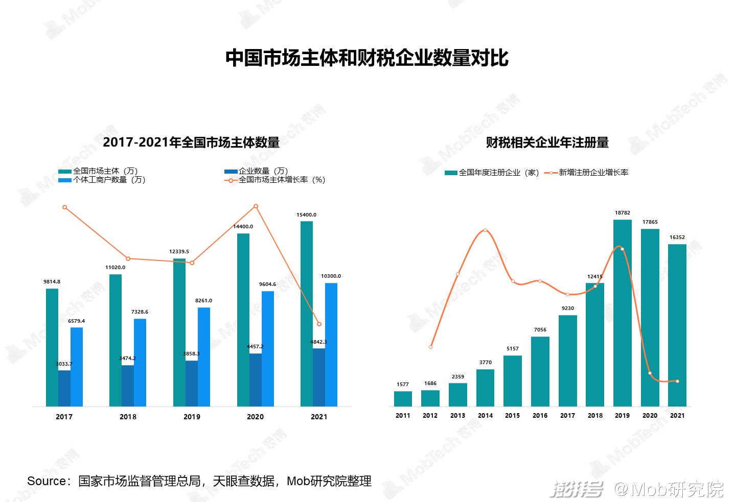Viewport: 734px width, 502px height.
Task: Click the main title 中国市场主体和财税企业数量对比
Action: point(366,58)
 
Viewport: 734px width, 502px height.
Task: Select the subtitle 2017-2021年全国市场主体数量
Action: point(191,142)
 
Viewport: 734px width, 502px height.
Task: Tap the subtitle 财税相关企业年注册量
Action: point(547,143)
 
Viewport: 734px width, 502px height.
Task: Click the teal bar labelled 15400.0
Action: point(307,314)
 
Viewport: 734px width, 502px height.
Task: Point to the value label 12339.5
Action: point(179,252)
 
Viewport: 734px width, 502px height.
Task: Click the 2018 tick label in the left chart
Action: point(128,417)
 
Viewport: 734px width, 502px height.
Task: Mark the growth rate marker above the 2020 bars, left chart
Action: point(256,206)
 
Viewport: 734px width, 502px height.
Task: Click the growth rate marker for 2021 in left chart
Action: point(319,324)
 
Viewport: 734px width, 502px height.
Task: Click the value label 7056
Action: point(540,330)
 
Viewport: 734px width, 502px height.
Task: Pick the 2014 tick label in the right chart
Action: point(485,416)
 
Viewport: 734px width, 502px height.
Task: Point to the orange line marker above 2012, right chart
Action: point(430,347)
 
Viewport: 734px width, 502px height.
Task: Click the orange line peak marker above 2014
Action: point(485,230)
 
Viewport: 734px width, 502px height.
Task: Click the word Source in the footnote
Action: point(47,481)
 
